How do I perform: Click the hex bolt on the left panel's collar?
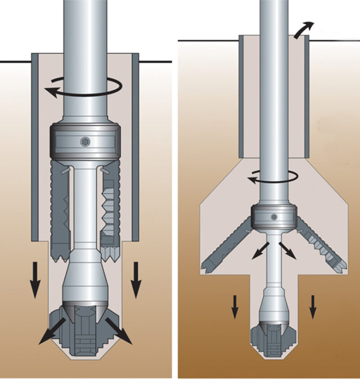tap(85, 142)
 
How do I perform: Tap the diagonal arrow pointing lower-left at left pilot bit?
tap(51, 331)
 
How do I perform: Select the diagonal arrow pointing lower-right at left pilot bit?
tap(119, 331)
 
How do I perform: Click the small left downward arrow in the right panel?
tap(234, 306)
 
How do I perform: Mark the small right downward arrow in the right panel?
tap(313, 306)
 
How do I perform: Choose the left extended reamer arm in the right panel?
tap(225, 247)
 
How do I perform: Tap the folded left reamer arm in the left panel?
tap(60, 212)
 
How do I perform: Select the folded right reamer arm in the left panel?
tap(110, 212)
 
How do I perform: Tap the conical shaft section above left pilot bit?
tap(85, 281)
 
